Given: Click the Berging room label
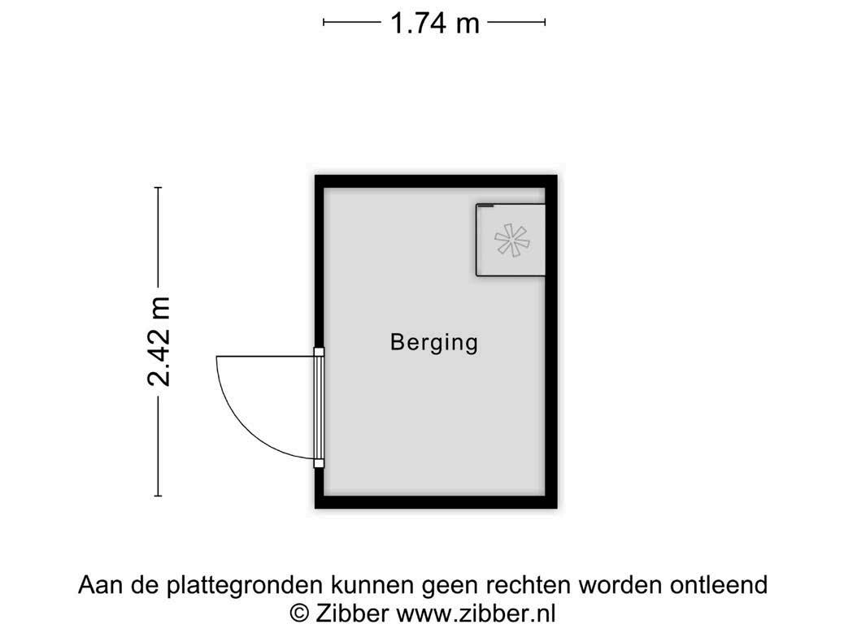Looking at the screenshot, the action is (x=433, y=342).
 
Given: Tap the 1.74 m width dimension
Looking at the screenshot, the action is (x=434, y=23).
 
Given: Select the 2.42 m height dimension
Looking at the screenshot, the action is (x=159, y=341).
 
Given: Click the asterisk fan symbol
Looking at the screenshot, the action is (x=511, y=239).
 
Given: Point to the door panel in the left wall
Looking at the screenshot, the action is (x=319, y=407).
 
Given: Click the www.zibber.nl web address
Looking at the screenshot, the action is (x=476, y=612).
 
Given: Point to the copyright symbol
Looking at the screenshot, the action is (x=300, y=612).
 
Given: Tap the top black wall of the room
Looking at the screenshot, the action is (x=436, y=181).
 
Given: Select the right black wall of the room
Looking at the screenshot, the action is (x=551, y=341).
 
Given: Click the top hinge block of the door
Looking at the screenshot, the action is (x=319, y=353).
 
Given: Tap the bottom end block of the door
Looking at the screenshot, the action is (x=319, y=463).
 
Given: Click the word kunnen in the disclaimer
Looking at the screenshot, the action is (x=371, y=585).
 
